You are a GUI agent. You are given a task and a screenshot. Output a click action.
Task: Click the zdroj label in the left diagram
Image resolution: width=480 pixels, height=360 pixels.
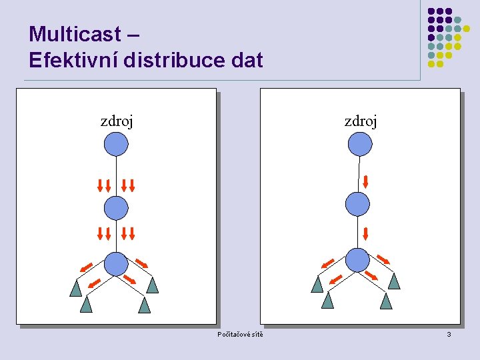coord(117,121)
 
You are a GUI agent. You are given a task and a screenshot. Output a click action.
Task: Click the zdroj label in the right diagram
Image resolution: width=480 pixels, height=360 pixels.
coord(361,121)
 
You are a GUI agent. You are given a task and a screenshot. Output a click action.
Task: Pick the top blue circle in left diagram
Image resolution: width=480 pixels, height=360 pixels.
coord(116,143)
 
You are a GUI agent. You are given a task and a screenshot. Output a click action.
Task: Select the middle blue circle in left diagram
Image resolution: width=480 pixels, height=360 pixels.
coord(116,208)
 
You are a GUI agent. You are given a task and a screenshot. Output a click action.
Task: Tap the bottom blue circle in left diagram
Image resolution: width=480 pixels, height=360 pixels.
coord(116,263)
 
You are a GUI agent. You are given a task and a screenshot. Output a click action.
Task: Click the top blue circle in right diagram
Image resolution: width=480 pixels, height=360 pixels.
coord(360,143)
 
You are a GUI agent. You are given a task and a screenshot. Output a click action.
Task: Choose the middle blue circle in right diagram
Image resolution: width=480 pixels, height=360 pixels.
coord(358,204)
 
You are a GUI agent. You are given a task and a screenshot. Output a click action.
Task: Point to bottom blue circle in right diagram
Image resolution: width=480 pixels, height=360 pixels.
coord(358,259)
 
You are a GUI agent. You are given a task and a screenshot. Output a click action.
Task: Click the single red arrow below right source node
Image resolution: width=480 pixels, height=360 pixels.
coord(366,181)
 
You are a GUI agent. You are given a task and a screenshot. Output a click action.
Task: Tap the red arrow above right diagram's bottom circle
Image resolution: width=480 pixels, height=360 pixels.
coord(366,233)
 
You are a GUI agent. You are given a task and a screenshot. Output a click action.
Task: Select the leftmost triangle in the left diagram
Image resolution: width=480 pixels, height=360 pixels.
coord(76,288)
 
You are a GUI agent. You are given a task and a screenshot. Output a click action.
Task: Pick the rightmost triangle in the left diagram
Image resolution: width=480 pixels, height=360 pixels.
coord(153,285)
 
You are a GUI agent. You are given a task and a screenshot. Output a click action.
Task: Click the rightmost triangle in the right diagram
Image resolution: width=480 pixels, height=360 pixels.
coord(395,281)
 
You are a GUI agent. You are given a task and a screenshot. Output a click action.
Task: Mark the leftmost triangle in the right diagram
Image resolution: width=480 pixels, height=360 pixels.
coord(317,285)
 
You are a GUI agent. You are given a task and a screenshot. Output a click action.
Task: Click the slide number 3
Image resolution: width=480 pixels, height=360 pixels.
coord(449,334)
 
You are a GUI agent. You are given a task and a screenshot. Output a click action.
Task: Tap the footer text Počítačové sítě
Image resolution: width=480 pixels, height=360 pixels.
coord(240,334)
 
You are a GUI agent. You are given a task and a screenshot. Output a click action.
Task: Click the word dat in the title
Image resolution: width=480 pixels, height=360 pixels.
coord(248,61)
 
